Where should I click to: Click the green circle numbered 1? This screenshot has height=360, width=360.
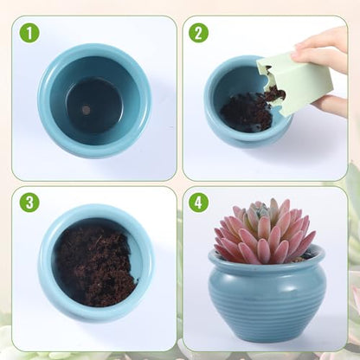[x=29, y=34]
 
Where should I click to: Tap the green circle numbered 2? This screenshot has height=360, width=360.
[x=198, y=33]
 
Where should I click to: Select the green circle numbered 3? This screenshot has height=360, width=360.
[x=29, y=202]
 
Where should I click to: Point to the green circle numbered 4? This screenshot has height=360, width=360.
[x=198, y=202]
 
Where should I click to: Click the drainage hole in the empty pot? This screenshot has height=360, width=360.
[x=86, y=109]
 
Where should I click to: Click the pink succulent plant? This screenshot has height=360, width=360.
[x=265, y=231]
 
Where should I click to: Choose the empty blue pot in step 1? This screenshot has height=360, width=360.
[x=94, y=101]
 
